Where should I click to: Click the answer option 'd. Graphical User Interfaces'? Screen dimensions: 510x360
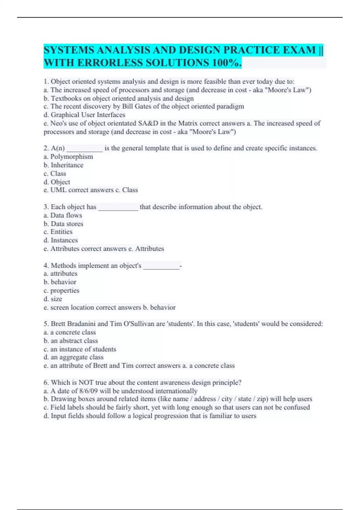[x=84, y=115]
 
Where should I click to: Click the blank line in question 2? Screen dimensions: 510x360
[x=85, y=149]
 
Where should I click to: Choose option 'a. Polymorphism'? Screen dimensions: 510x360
[x=68, y=157]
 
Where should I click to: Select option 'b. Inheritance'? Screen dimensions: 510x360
[x=64, y=165]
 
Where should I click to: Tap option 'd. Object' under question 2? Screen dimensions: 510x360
[x=57, y=182]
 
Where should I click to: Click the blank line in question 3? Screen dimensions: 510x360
[x=118, y=208]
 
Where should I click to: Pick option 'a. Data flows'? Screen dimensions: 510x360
[x=63, y=215]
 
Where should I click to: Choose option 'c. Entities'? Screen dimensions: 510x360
[x=58, y=232]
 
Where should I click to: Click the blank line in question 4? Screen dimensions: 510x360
[x=161, y=266]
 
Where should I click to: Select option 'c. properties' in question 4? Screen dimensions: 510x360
[x=61, y=291]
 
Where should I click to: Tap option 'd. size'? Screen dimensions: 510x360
[x=53, y=299]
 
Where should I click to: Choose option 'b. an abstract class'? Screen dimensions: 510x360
[x=71, y=341]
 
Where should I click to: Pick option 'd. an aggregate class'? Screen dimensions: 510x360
[x=73, y=357]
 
